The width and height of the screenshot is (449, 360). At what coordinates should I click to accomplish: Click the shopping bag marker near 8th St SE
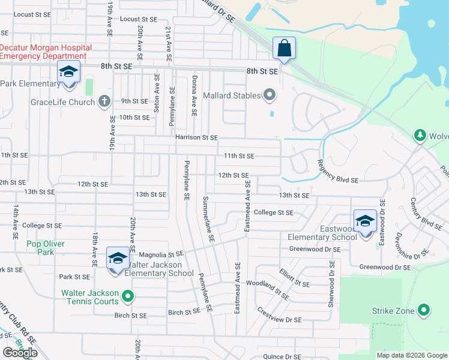tap(284, 48)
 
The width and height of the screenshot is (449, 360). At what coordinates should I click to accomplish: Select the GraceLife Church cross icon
tap(104, 101)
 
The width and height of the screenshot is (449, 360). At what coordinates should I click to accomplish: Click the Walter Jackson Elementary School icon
tap(118, 258)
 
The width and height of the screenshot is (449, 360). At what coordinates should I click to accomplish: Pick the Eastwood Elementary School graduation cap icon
tap(365, 221)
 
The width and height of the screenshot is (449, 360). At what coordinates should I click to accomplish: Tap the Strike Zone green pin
tap(424, 310)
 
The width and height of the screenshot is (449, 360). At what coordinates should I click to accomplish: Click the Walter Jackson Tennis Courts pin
tap(127, 296)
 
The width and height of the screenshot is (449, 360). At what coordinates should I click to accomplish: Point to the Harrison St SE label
tap(196, 137)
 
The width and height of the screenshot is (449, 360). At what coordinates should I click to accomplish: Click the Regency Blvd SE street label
tap(337, 171)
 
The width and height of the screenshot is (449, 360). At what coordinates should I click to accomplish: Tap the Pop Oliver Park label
tap(45, 248)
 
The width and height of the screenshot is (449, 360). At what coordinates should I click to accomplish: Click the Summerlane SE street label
tap(208, 218)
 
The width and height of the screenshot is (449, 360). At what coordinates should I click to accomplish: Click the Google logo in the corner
tap(20, 353)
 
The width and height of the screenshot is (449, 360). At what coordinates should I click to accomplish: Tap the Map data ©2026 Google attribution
tap(412, 355)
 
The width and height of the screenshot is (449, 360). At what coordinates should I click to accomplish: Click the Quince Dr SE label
tap(282, 356)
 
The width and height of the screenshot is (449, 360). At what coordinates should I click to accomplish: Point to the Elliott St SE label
tap(294, 278)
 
